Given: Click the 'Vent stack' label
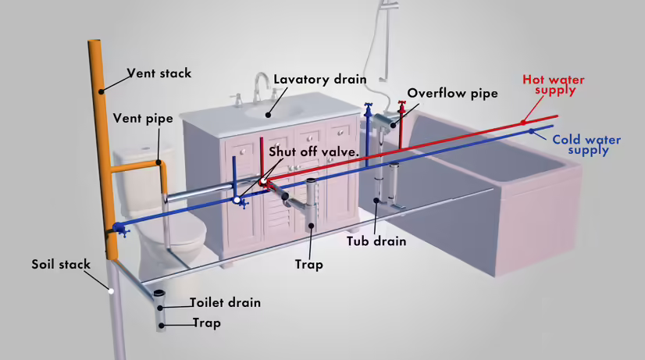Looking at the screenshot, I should [x=159, y=74].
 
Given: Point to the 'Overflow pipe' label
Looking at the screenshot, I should [x=452, y=93].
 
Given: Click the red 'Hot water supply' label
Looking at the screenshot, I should [x=553, y=84].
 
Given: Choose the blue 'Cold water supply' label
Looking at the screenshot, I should [x=586, y=144].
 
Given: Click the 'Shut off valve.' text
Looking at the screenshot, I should [x=314, y=151].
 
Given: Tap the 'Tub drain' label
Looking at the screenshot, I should [x=376, y=241].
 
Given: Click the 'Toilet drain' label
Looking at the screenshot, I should [x=226, y=302].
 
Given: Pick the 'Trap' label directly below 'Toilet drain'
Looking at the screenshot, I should [x=207, y=323].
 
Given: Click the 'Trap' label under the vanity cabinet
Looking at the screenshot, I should [x=308, y=265].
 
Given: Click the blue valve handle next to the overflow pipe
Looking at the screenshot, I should [x=368, y=109].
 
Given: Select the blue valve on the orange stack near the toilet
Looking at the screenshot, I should [x=119, y=229].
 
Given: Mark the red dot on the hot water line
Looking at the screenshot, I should [x=522, y=121].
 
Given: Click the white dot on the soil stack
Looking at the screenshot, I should [x=112, y=290].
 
